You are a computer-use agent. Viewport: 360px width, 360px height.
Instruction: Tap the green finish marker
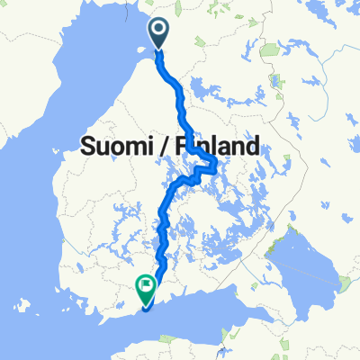click(x=145, y=286)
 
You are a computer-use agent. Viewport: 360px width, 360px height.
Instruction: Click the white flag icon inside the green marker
click(x=145, y=286)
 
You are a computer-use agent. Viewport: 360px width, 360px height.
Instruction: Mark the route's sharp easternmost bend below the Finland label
click(x=217, y=163)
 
